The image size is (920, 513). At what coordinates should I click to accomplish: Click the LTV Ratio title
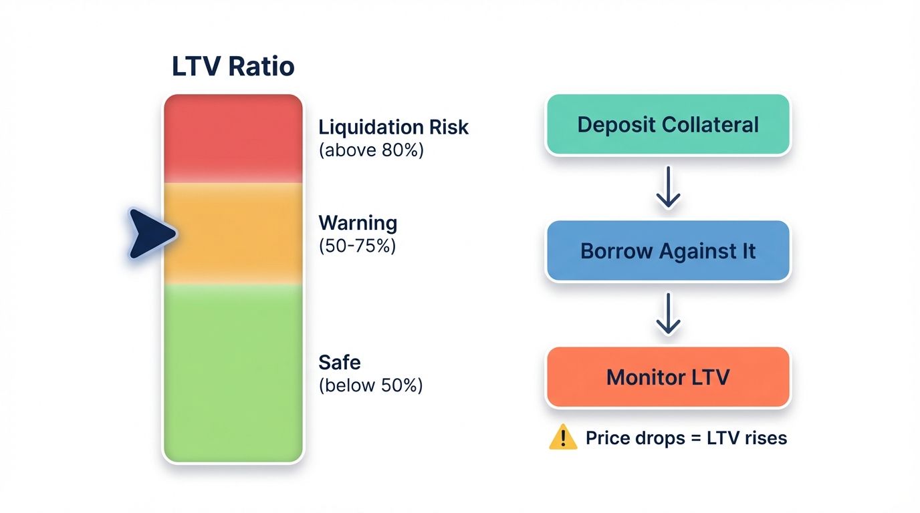click(233, 67)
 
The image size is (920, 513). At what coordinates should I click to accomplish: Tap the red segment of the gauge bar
click(233, 138)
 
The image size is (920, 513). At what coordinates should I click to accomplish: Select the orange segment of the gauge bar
click(233, 233)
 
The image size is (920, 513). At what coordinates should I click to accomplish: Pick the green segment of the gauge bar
click(233, 372)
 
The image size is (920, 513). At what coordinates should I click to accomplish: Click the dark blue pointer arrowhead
click(151, 233)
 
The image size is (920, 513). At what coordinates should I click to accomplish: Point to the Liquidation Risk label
click(393, 127)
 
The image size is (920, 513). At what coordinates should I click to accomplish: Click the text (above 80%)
click(371, 150)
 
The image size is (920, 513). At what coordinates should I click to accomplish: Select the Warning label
click(358, 222)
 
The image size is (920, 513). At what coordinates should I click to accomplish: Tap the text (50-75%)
click(357, 246)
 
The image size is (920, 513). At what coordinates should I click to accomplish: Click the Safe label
click(340, 363)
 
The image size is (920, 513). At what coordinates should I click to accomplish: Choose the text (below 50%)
click(370, 385)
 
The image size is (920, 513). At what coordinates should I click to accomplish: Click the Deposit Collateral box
click(668, 125)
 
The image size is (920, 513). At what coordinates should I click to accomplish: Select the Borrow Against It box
click(668, 251)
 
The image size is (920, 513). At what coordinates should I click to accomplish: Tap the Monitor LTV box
click(668, 377)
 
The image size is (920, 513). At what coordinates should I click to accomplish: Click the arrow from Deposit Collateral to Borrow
click(668, 189)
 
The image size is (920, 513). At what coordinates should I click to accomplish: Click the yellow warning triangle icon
click(562, 438)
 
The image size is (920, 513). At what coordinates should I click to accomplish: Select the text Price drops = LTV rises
click(686, 438)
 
